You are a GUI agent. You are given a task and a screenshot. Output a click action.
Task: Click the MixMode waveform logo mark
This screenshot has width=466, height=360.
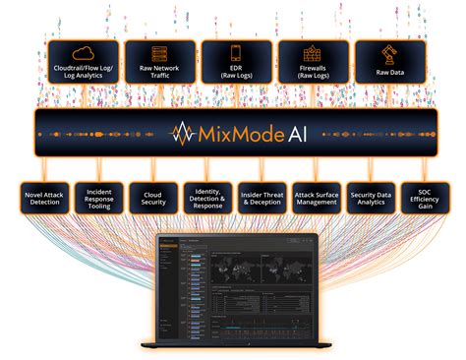click(182, 133)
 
